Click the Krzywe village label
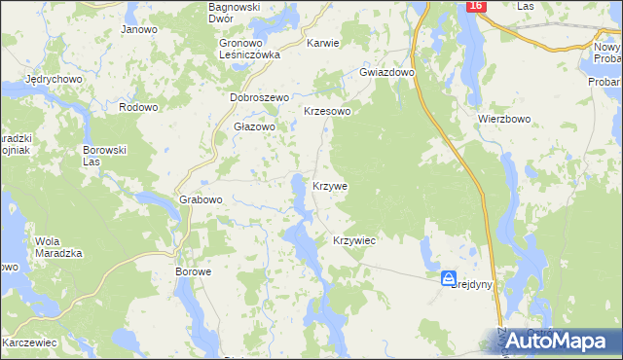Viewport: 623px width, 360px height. pyautogui.click(x=330, y=185)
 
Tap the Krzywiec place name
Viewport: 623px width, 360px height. pyautogui.click(x=354, y=240)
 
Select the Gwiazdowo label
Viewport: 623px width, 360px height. pyautogui.click(x=387, y=72)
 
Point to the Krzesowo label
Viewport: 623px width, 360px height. pyautogui.click(x=327, y=112)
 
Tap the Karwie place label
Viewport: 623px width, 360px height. pyautogui.click(x=323, y=44)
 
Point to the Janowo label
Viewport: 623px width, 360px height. pyautogui.click(x=139, y=29)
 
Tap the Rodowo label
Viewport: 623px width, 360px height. pyautogui.click(x=137, y=107)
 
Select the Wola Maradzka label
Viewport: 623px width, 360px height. pyautogui.click(x=58, y=247)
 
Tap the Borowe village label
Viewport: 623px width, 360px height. pyautogui.click(x=193, y=271)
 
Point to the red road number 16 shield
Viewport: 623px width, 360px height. pyautogui.click(x=474, y=6)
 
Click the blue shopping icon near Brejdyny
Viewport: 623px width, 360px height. pyautogui.click(x=448, y=279)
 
